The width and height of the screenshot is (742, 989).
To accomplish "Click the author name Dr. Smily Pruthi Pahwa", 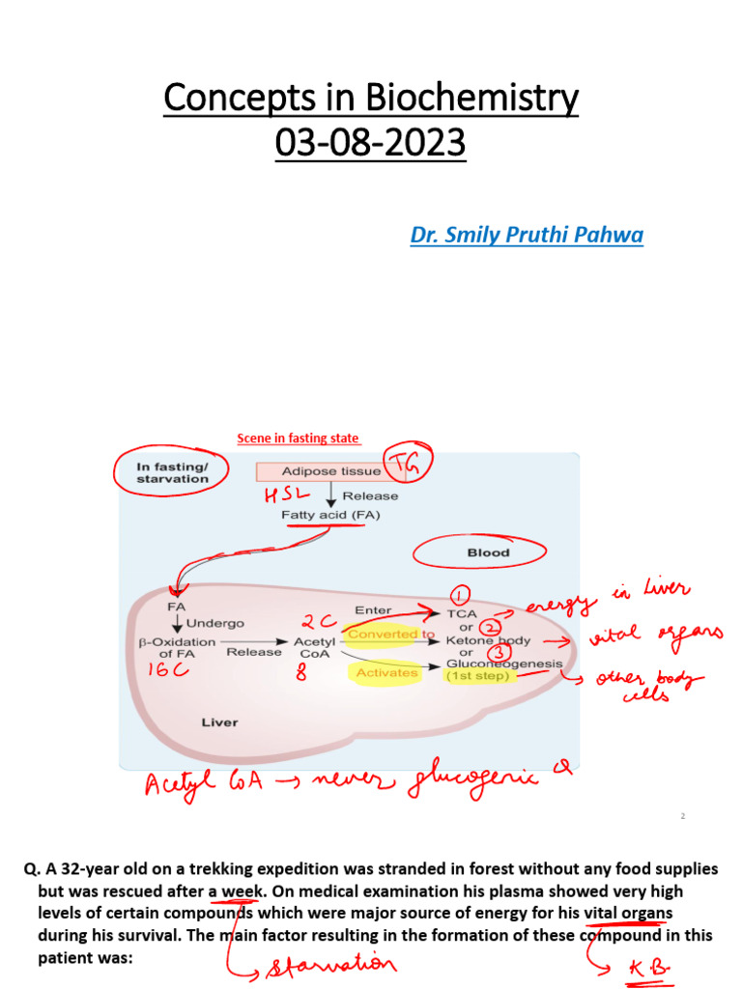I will pos(526,236).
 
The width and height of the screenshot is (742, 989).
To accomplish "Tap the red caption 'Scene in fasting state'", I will pos(299,438).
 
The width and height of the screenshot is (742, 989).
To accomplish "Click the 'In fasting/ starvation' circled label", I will pos(173,472).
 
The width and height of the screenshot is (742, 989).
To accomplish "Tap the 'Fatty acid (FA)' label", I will pos(330,515).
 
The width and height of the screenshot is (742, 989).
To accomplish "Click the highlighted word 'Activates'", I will pos(387,672).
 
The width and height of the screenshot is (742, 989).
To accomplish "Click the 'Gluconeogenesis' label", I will pos(503,664).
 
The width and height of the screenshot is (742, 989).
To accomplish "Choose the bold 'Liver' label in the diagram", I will pos(219,722).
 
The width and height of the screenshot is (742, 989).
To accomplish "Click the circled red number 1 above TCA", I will pos(459,594).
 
